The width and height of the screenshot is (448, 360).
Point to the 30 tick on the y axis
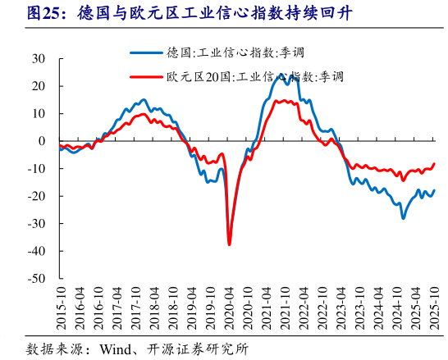[x=39, y=59]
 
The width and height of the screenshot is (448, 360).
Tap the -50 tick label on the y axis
[x=36, y=279]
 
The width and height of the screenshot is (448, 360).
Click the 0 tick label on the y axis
[x=42, y=141]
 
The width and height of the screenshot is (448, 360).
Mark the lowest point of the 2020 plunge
[x=229, y=244]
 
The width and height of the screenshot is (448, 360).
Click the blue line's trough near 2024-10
[x=403, y=218]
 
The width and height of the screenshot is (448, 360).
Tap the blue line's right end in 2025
[x=435, y=190]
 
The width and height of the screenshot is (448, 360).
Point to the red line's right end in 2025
[x=435, y=163]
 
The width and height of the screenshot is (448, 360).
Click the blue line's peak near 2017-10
[x=144, y=100]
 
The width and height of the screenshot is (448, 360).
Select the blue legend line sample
[x=147, y=53]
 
